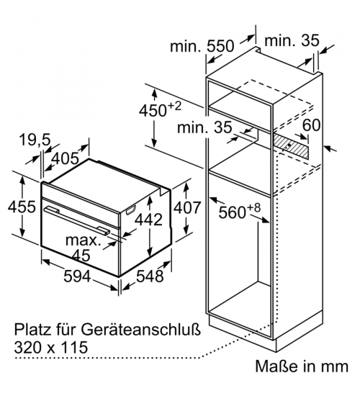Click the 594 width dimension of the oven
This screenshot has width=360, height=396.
pos(77,276)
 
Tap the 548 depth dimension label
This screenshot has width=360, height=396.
pos(150,276)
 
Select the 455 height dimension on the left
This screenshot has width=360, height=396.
pos(22,207)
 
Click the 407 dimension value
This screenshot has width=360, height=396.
pos(187,207)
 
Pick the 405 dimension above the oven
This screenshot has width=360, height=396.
pos(65,158)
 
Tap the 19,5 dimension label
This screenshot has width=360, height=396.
pos(35,140)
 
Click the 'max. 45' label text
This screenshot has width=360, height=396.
pos(83,248)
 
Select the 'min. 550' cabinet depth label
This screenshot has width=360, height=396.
pos(202,46)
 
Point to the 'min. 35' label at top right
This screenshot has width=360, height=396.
pos(292,40)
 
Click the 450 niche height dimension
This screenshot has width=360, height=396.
pos(160,109)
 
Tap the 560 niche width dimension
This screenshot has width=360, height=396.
pos(239,210)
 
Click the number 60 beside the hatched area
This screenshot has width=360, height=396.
pos(311,125)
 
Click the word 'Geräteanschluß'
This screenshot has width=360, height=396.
pos(140,330)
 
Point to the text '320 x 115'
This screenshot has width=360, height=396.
pos(51,347)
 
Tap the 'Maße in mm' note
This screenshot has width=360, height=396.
pos(302,366)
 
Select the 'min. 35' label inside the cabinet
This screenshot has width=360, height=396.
pos(204,127)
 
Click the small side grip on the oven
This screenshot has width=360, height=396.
pos(130,210)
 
